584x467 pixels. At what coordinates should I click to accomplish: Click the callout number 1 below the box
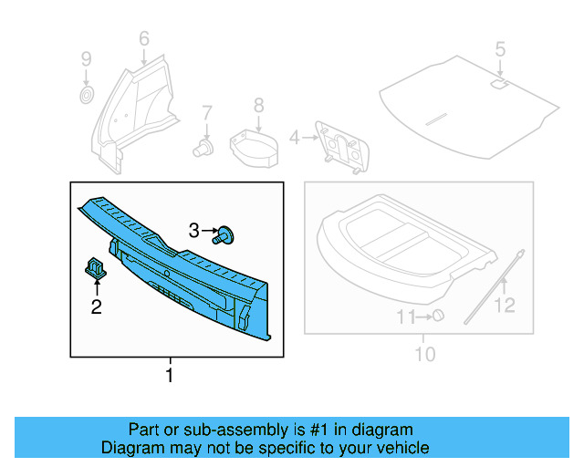(169, 375)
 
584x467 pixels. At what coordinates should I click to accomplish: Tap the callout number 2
(96, 306)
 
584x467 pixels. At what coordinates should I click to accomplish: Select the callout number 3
(193, 232)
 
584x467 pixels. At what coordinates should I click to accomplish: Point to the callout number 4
(294, 138)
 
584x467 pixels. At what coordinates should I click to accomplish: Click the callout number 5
(499, 47)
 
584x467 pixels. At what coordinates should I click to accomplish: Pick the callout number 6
(143, 38)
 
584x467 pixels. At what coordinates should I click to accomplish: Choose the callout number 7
(207, 112)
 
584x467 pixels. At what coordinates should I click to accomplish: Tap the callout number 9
(86, 59)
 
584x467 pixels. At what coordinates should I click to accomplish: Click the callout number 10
(425, 354)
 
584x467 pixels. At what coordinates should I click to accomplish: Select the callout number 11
(404, 317)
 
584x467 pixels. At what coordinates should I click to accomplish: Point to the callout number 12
(505, 306)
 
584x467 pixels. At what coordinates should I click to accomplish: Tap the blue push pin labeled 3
(224, 235)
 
